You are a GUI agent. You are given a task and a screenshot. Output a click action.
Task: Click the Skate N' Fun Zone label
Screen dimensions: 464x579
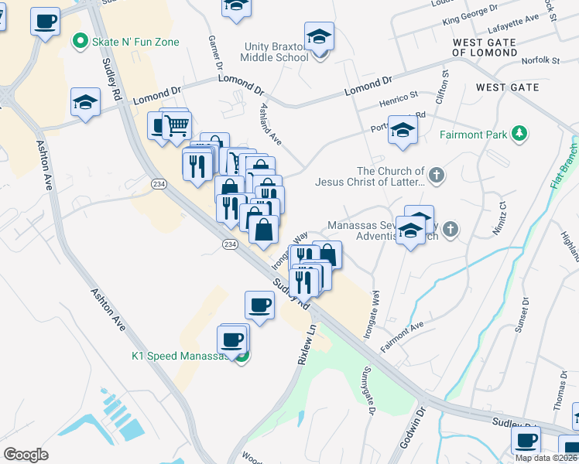pyautogui.click(x=135, y=42)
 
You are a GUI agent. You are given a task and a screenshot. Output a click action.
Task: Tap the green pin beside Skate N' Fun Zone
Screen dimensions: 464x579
pyautogui.click(x=79, y=42)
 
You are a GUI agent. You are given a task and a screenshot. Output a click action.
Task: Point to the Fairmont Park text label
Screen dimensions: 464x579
pyautogui.click(x=473, y=135)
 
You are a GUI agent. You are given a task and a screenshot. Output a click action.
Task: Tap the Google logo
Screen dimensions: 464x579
pyautogui.click(x=26, y=455)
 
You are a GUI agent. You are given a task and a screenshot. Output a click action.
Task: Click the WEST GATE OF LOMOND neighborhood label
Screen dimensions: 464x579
pyautogui.click(x=495, y=47)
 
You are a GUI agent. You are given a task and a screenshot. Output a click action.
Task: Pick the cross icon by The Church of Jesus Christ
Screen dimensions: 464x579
pyautogui.click(x=437, y=175)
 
